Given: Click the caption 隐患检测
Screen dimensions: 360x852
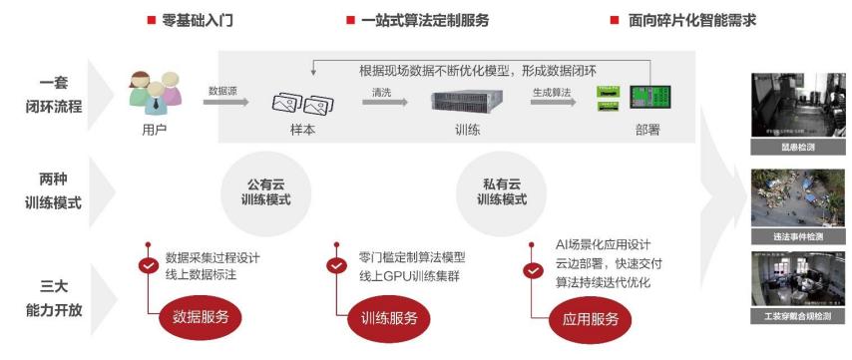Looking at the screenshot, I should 798,147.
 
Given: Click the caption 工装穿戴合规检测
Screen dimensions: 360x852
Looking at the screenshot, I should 798,316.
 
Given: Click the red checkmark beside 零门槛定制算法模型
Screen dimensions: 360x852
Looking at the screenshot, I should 336,265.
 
